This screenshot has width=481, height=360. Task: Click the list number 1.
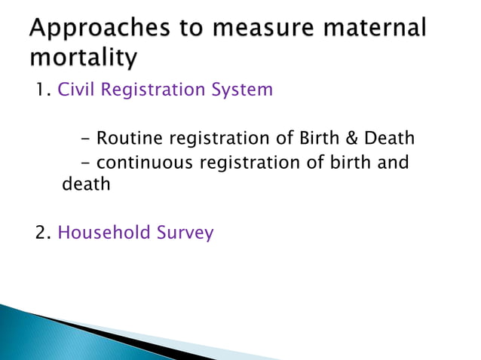pos(41,90)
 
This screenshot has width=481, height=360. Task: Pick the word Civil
pos(78,90)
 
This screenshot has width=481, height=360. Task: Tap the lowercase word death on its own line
pos(85,183)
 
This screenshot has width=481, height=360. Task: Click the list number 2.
pos(43,233)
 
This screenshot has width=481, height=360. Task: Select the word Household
pos(106,233)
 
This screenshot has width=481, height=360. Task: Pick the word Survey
pos(185,233)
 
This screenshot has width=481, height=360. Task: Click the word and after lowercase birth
pos(394,162)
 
